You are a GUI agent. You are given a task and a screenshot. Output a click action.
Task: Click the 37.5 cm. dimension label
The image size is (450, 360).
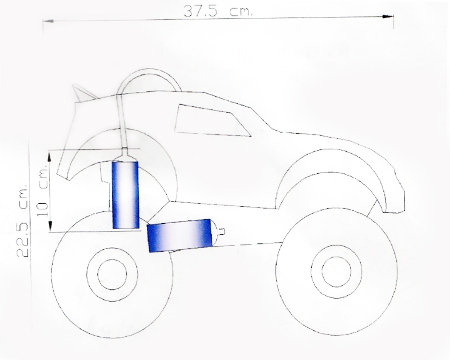pyautogui.click(x=218, y=11)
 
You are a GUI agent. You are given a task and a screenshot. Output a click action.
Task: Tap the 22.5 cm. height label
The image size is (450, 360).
pyautogui.click(x=23, y=220)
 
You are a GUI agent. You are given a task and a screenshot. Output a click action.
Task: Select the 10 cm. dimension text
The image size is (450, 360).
pyautogui.click(x=43, y=191)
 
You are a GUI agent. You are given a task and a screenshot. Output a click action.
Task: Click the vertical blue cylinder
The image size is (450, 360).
pyautogui.click(x=125, y=195)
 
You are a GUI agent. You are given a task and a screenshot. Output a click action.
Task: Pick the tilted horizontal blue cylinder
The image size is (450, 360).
pyautogui.click(x=180, y=235)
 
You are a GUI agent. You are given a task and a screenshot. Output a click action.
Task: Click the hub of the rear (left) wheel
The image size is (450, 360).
pyautogui.click(x=112, y=274)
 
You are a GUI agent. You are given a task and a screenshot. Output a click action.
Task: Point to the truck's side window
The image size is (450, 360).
pyautogui.click(x=211, y=120)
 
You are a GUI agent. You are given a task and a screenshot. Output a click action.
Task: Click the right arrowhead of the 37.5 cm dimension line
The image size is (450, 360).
pyautogui.click(x=388, y=16)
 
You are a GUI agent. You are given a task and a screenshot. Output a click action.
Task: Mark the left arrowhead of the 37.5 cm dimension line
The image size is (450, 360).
pyautogui.click(x=48, y=21)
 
